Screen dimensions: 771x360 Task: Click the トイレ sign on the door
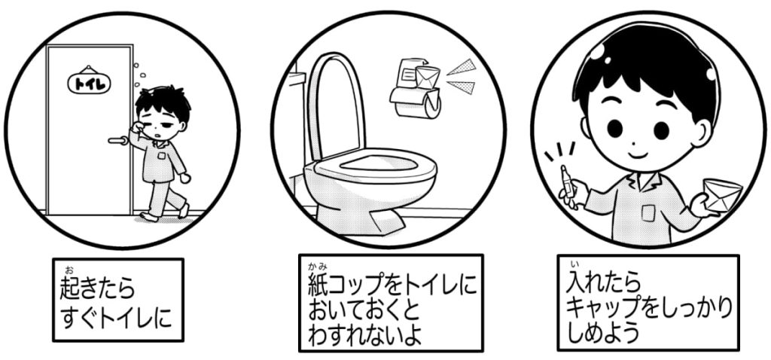(89, 83)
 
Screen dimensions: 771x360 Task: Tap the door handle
(118, 141)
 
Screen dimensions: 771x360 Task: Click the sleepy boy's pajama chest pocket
(161, 156)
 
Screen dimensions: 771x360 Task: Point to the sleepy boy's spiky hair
(163, 102)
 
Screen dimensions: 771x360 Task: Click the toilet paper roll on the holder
(416, 102)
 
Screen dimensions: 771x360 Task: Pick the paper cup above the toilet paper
(427, 78)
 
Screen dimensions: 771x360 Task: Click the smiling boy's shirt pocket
(648, 213)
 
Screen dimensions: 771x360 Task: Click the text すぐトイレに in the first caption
(116, 318)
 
